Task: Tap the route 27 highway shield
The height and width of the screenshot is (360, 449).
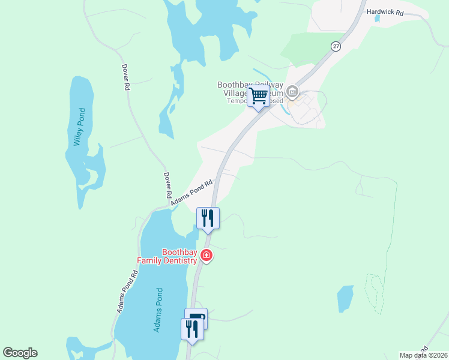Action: coord(336,46)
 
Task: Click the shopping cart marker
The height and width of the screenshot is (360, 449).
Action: coord(258,96)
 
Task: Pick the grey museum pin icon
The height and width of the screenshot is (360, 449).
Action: coord(292,92)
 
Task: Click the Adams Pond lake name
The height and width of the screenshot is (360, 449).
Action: coord(158,310)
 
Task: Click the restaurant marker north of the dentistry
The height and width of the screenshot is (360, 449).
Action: coord(208,218)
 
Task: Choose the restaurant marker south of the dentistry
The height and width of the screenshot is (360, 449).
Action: coord(191,329)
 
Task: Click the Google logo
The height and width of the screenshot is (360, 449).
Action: coord(20,353)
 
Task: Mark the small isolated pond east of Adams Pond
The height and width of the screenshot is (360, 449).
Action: coord(345,298)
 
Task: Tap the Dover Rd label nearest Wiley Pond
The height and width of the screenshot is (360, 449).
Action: coord(126,77)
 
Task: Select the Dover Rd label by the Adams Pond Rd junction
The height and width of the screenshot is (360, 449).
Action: coord(167,186)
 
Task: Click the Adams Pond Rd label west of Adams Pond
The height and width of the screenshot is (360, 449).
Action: coord(127,291)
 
